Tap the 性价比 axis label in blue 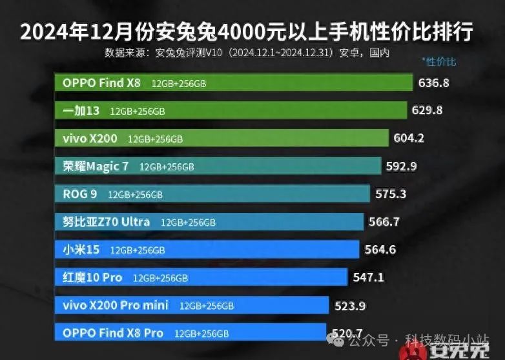(x=439, y=62)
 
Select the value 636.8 (x=434, y=83)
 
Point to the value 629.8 (x=427, y=110)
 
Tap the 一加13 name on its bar (x=81, y=110)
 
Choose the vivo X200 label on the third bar (x=91, y=138)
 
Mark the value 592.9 (x=401, y=166)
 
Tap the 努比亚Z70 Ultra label (x=107, y=221)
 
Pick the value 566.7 (x=384, y=221)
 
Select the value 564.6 (x=380, y=250)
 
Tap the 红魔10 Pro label (x=92, y=277)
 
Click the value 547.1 (x=369, y=277)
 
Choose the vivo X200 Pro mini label (x=116, y=305)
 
